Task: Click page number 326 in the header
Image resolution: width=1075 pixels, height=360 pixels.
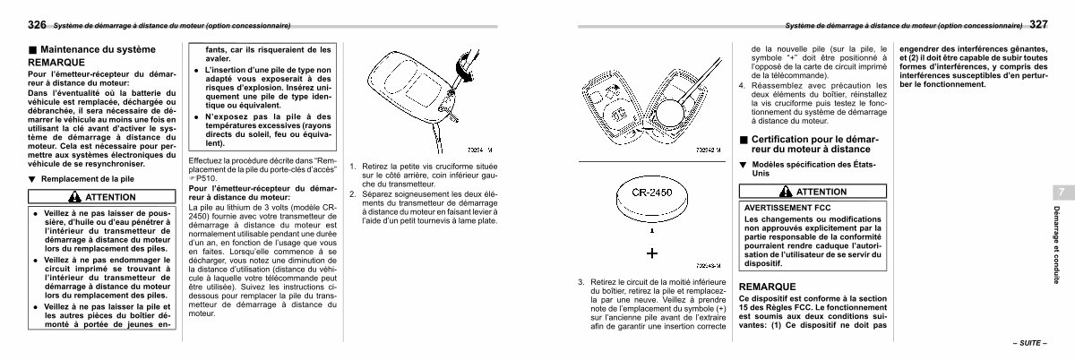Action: pyautogui.click(x=37, y=23)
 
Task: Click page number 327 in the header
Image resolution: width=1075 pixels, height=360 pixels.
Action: pyautogui.click(x=1039, y=23)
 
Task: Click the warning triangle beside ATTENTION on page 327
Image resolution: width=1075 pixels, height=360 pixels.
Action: pyautogui.click(x=785, y=192)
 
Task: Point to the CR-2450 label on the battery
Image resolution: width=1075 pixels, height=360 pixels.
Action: pyautogui.click(x=653, y=193)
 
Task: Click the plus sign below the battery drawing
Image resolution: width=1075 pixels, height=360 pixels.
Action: pyautogui.click(x=652, y=253)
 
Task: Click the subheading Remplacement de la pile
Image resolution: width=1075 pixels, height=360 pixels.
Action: pyautogui.click(x=87, y=179)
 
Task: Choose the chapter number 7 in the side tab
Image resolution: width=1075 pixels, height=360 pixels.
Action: pyautogui.click(x=1059, y=193)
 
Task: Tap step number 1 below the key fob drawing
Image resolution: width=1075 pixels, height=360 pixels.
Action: pyautogui.click(x=353, y=167)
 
